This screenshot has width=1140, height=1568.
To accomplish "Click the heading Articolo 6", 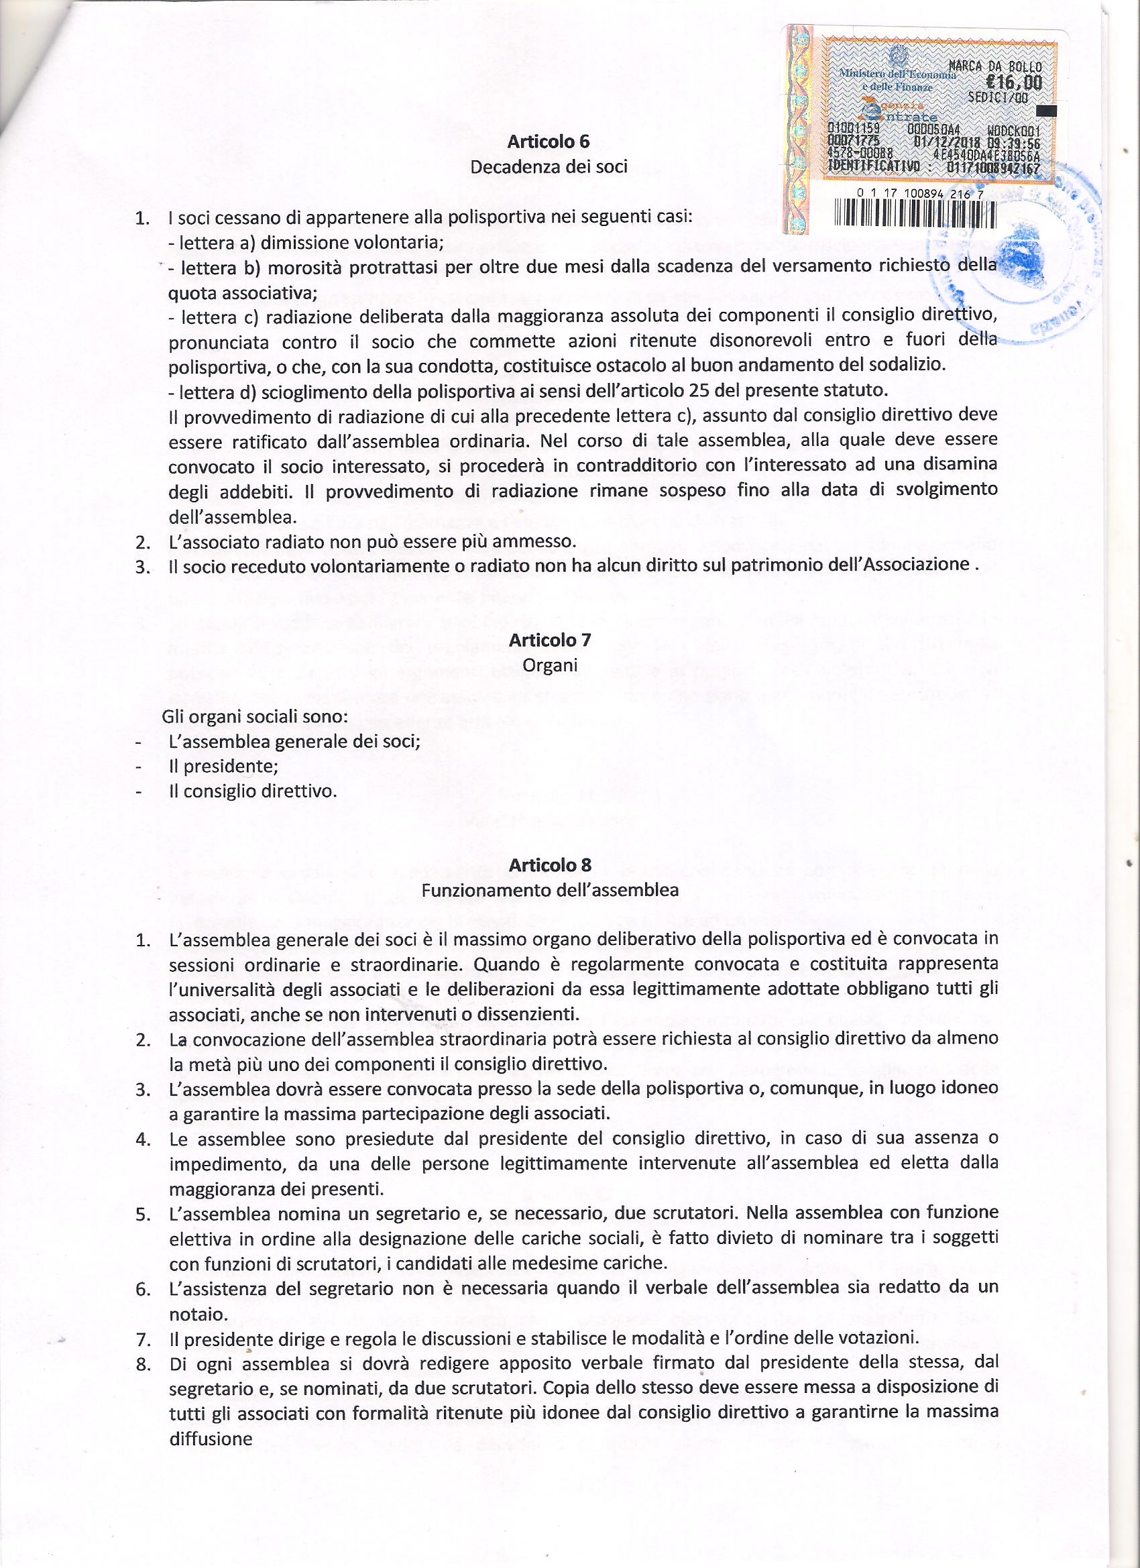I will (x=549, y=142).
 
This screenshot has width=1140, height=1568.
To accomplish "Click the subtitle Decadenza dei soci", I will (x=549, y=166).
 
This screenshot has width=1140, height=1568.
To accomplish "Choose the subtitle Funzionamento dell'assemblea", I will (x=550, y=890).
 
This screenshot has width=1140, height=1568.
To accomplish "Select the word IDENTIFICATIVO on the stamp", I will (x=874, y=165).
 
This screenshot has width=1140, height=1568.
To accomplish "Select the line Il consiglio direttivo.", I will (x=253, y=791).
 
